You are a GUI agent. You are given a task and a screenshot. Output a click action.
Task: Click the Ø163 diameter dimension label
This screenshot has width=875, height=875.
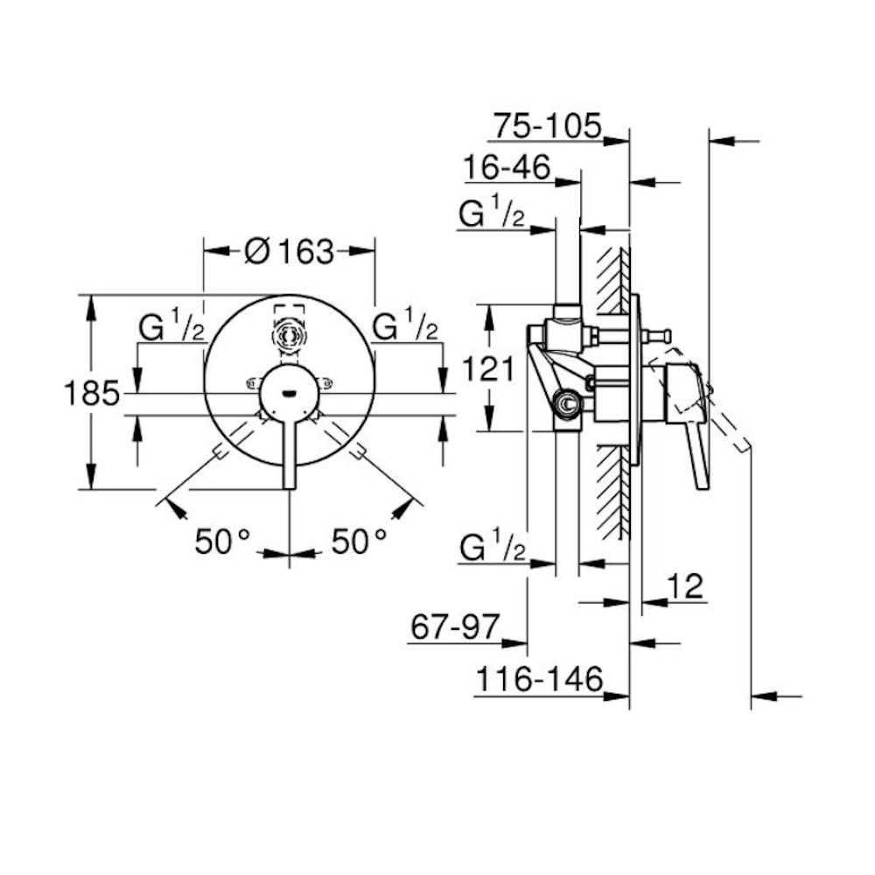(289, 252)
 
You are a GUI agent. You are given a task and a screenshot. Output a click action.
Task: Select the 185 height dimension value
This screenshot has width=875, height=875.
(92, 393)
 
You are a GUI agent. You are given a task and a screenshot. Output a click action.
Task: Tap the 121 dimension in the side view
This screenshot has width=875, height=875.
(488, 368)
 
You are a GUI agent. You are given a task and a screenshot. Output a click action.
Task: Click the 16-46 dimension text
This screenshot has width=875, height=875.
(507, 167)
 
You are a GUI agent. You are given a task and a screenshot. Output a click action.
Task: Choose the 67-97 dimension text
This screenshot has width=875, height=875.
(454, 626)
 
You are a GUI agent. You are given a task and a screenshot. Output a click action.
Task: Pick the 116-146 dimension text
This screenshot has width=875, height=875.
(540, 680)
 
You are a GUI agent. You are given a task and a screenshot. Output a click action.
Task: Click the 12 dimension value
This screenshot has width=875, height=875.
(685, 586)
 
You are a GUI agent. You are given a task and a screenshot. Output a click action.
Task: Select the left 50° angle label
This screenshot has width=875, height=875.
(222, 541)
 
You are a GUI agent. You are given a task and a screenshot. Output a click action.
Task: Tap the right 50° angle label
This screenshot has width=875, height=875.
(359, 541)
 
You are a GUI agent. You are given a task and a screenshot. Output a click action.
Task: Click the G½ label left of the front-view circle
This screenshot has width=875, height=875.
(171, 326)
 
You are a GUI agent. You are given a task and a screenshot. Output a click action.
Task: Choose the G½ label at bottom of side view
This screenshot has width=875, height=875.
(493, 546)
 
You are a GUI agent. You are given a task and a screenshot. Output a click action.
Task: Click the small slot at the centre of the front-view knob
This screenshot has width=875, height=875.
(289, 394)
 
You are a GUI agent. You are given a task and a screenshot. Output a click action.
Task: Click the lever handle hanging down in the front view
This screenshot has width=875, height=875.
(289, 453)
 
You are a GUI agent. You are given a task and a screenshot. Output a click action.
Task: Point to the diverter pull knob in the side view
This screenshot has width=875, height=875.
(655, 337)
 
